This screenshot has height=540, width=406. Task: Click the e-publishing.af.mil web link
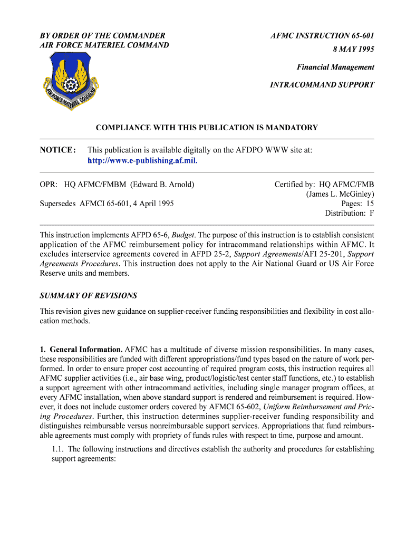(x=142, y=160)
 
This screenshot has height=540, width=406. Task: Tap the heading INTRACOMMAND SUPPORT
(x=322, y=84)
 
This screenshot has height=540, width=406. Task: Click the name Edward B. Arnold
(x=163, y=185)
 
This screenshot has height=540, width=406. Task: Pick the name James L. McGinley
(x=340, y=194)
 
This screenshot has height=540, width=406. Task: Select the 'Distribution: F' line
(x=350, y=213)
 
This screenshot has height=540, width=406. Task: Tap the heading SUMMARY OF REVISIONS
(x=89, y=296)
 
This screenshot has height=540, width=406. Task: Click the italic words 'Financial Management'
(x=335, y=67)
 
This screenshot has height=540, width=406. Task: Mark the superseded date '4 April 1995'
(x=152, y=204)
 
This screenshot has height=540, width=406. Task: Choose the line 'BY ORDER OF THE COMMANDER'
(x=103, y=35)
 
